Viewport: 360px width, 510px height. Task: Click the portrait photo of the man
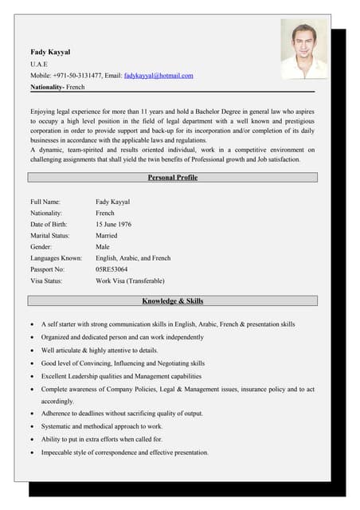point(303,49)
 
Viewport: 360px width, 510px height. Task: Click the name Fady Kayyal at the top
point(50,51)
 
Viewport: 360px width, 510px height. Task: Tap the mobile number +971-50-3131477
point(77,75)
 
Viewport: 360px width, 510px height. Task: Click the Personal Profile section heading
point(172,178)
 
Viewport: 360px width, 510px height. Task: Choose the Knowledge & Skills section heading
point(172,301)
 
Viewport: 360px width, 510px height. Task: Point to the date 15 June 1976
point(113,225)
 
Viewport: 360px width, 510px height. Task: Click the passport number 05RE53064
point(112,269)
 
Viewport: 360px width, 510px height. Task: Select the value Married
point(106,236)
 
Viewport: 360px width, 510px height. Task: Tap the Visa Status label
point(51,280)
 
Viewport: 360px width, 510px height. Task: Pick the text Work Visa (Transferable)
point(130,280)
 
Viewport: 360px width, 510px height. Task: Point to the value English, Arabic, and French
point(133,258)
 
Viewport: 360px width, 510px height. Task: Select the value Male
point(103,247)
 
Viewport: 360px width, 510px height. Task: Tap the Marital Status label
point(53,236)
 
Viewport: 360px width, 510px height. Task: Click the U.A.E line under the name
point(39,63)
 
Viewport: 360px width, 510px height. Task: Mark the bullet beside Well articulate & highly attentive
point(31,351)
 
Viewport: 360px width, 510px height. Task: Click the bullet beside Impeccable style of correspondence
point(31,453)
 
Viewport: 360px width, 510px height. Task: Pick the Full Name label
point(48,202)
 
